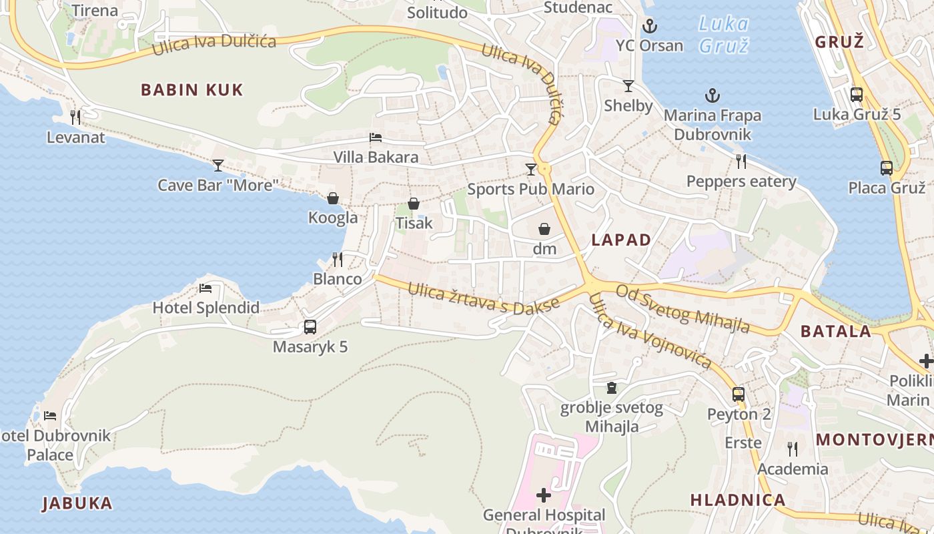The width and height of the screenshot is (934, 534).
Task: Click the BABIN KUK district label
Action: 192,89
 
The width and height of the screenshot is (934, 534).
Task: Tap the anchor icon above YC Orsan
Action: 649,27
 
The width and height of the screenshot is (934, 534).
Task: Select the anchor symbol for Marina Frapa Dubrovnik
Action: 713,96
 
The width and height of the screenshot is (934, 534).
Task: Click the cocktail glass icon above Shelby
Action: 628,86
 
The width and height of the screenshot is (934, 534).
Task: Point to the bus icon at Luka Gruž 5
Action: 857,95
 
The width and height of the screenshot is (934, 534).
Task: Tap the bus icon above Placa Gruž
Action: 887,168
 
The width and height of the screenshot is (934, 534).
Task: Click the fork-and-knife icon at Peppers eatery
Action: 741,161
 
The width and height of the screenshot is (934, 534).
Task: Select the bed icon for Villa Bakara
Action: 376,138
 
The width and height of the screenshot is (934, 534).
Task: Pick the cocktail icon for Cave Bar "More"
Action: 218,165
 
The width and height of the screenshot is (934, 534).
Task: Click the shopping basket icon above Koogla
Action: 333,198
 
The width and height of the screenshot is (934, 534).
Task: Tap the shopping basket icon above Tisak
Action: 414,204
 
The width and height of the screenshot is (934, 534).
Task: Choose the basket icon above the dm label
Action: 544,229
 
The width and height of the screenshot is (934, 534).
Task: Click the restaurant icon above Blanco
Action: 338,259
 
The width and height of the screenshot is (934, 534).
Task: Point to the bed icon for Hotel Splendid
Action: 205,288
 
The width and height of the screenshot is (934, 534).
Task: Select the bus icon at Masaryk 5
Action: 310,327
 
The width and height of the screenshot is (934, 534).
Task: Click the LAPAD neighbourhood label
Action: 620,240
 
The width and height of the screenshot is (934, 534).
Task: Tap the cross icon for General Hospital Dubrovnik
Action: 544,495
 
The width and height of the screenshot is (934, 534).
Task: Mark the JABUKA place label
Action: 77,503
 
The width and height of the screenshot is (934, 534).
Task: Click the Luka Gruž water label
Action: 723,35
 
